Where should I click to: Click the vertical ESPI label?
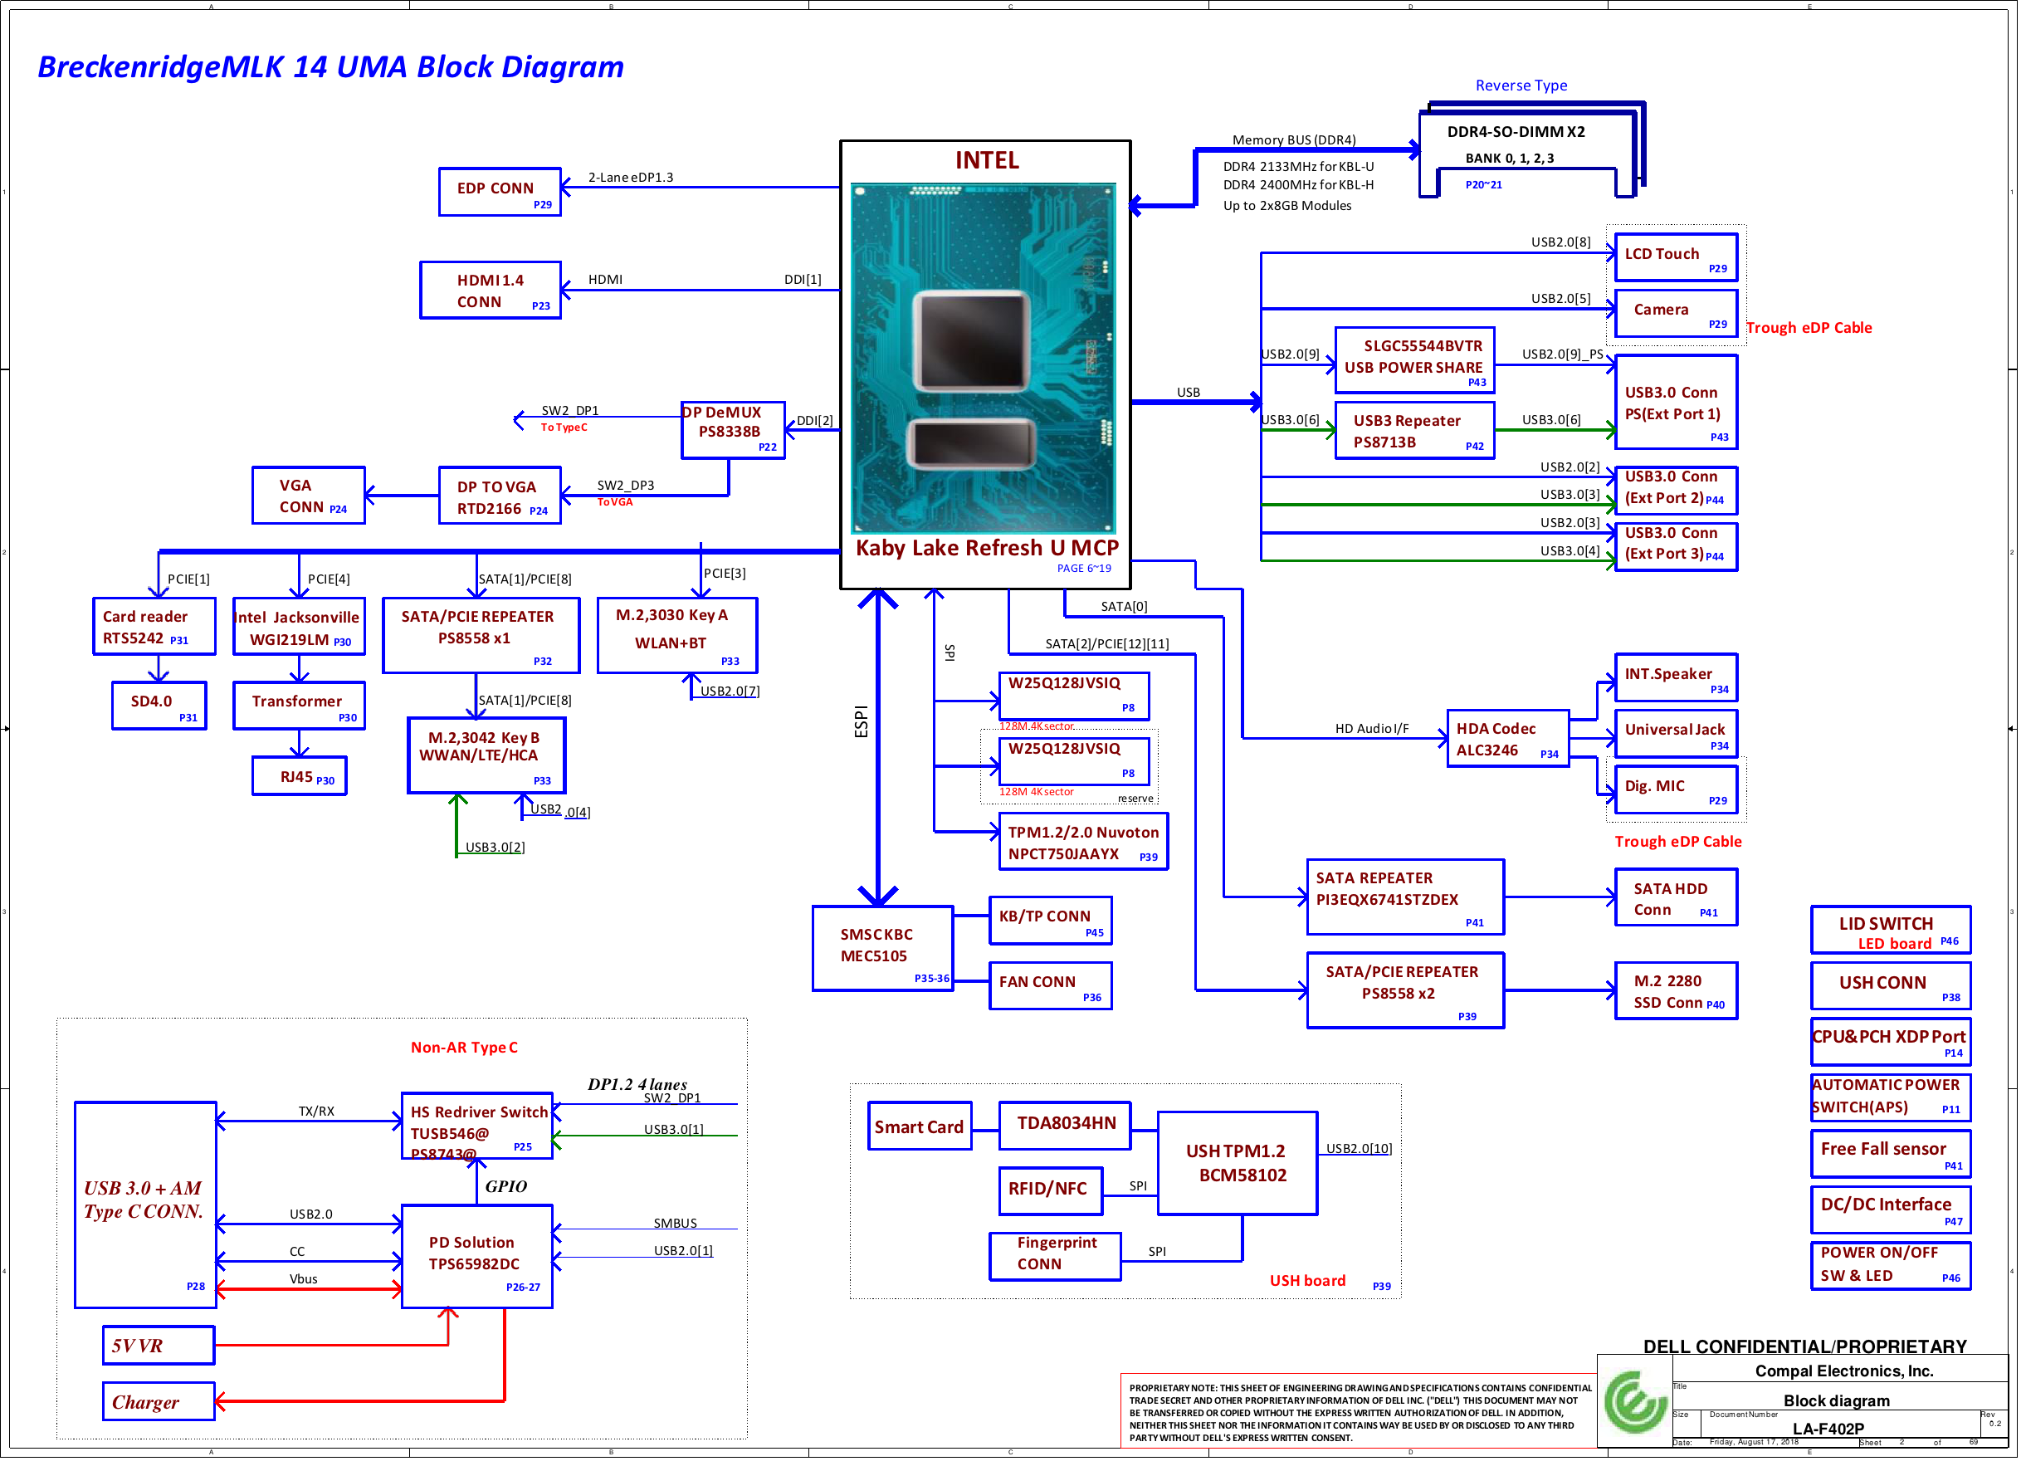864,725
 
